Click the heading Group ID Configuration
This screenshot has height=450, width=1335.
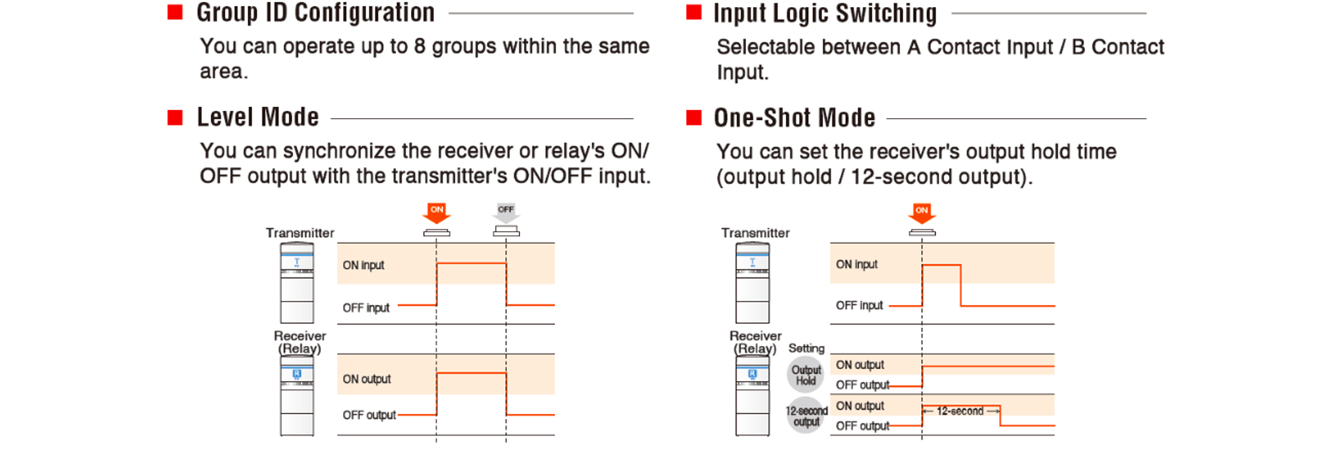(315, 13)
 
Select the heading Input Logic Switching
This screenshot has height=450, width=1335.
(824, 14)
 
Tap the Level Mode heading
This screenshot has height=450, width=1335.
(257, 118)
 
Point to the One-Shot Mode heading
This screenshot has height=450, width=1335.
(794, 118)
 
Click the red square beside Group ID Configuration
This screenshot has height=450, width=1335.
(175, 12)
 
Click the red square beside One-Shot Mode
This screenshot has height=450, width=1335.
(694, 118)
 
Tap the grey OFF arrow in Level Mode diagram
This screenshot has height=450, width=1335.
(506, 212)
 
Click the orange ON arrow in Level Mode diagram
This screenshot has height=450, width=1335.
(437, 212)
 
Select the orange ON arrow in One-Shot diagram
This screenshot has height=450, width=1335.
(921, 212)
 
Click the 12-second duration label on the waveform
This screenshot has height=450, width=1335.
(960, 411)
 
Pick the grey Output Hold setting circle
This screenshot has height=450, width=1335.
(806, 375)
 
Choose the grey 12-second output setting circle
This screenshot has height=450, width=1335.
(806, 416)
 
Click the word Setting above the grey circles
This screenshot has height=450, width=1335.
(806, 348)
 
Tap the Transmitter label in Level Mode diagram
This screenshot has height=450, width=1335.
(300, 233)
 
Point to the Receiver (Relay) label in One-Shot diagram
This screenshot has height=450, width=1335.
(754, 342)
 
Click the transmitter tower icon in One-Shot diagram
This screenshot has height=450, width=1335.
(752, 282)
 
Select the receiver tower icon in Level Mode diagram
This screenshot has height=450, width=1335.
(297, 396)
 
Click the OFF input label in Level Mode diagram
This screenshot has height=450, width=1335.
(366, 308)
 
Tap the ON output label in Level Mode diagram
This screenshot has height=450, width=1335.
(366, 379)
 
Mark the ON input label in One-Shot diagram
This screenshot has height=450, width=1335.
(856, 264)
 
